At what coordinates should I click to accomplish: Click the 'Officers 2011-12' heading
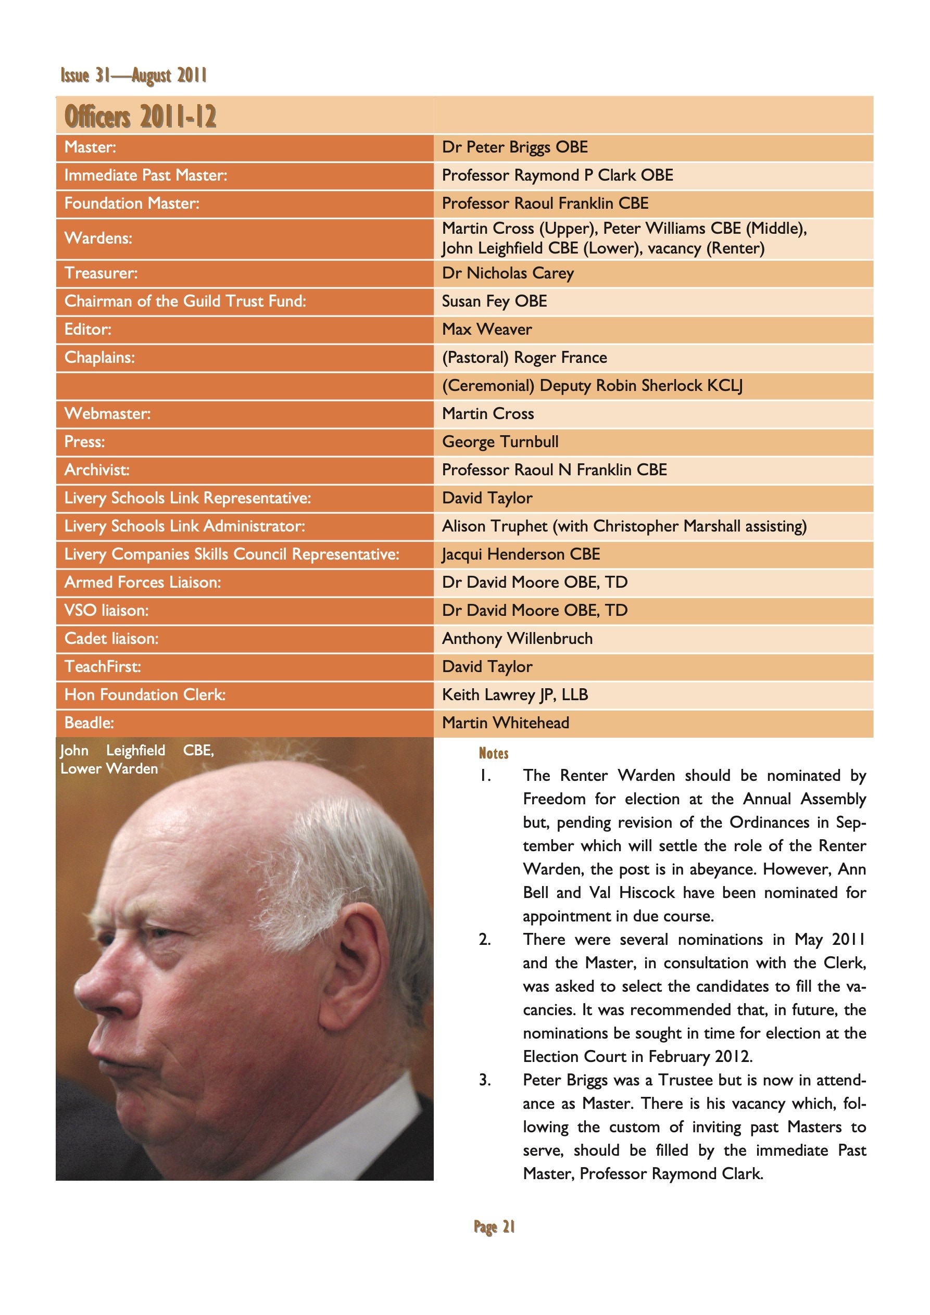pyautogui.click(x=141, y=116)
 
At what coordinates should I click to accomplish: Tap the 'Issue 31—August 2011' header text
pyautogui.click(x=133, y=75)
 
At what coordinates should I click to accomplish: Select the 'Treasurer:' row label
pyautogui.click(x=101, y=273)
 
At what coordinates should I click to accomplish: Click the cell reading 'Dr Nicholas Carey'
pyautogui.click(x=508, y=273)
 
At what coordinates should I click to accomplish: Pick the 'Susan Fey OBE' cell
pyautogui.click(x=495, y=301)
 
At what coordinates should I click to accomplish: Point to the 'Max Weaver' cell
pyautogui.click(x=486, y=330)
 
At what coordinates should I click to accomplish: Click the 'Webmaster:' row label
pyautogui.click(x=107, y=413)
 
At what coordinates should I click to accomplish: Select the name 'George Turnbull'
pyautogui.click(x=500, y=441)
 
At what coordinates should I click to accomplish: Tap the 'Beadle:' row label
pyautogui.click(x=89, y=723)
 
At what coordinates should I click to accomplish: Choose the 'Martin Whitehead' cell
pyautogui.click(x=506, y=723)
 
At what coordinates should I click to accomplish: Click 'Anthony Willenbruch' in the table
pyautogui.click(x=518, y=639)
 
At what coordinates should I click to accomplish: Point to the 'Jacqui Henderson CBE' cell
pyautogui.click(x=521, y=554)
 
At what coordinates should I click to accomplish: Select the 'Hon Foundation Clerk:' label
pyautogui.click(x=145, y=695)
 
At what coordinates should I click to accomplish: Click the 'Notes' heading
pyautogui.click(x=493, y=753)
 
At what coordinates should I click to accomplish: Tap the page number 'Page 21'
pyautogui.click(x=494, y=1226)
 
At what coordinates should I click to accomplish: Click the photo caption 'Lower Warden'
pyautogui.click(x=109, y=768)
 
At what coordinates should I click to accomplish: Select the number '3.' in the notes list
pyautogui.click(x=485, y=1080)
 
